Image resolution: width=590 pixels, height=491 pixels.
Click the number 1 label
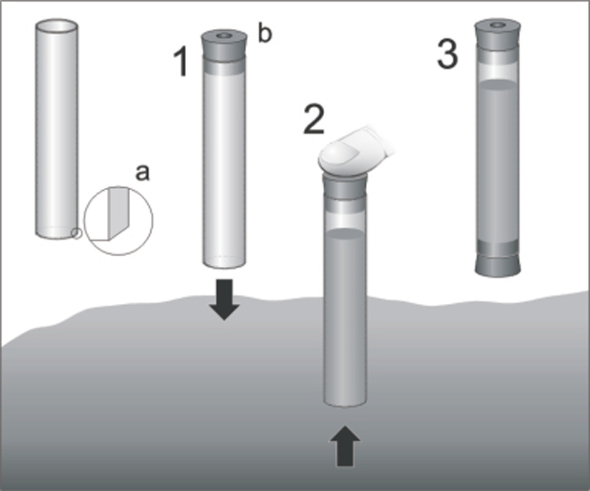click(181, 62)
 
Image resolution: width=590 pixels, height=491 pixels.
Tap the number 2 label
click(314, 119)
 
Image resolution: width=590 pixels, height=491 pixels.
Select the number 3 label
click(447, 54)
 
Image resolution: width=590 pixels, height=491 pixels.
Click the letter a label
click(143, 172)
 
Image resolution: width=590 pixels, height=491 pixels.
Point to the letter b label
click(264, 33)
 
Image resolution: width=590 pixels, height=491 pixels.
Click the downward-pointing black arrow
click(224, 300)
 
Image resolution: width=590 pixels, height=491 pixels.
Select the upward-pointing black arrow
click(345, 447)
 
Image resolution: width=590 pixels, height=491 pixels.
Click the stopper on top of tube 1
click(224, 46)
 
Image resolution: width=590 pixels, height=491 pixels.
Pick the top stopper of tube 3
click(497, 34)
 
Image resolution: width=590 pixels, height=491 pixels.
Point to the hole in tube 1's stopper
click(224, 35)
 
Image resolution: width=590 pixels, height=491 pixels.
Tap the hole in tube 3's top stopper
click(497, 25)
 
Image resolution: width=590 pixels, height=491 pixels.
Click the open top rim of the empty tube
click(57, 27)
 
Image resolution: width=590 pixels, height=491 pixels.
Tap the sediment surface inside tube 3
click(497, 84)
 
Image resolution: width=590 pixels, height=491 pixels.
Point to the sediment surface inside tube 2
click(345, 233)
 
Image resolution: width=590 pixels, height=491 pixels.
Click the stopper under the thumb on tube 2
click(345, 187)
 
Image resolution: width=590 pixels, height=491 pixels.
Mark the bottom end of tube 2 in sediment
click(345, 404)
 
